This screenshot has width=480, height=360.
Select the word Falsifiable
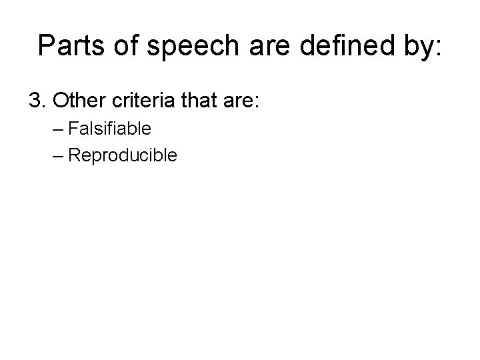(110, 128)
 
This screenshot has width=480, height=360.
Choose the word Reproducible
(123, 156)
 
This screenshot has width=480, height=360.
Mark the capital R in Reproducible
(74, 155)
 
